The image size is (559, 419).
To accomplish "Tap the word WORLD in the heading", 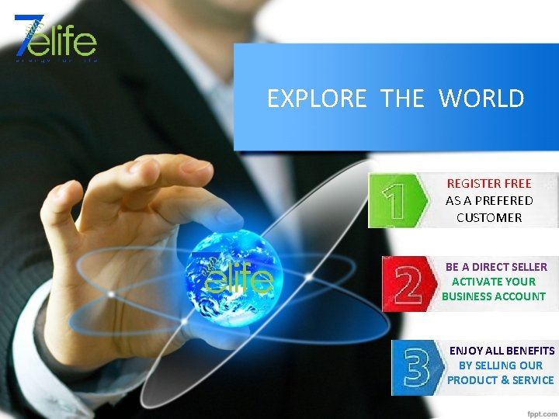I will [481, 99].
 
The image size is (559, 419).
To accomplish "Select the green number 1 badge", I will [397, 200].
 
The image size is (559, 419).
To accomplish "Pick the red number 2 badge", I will [408, 284].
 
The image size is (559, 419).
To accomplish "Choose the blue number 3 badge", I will [416, 368].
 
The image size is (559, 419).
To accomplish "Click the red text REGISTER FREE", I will [489, 184].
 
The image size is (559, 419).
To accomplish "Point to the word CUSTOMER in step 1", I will [489, 218].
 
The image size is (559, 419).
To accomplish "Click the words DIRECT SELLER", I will [509, 267].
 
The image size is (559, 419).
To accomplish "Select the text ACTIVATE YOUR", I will [494, 282].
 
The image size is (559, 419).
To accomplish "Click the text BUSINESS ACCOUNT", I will [494, 296].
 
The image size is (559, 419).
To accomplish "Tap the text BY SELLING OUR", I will [501, 365].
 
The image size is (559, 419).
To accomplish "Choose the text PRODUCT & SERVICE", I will [501, 380].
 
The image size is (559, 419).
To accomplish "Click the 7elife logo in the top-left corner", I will [54, 37].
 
